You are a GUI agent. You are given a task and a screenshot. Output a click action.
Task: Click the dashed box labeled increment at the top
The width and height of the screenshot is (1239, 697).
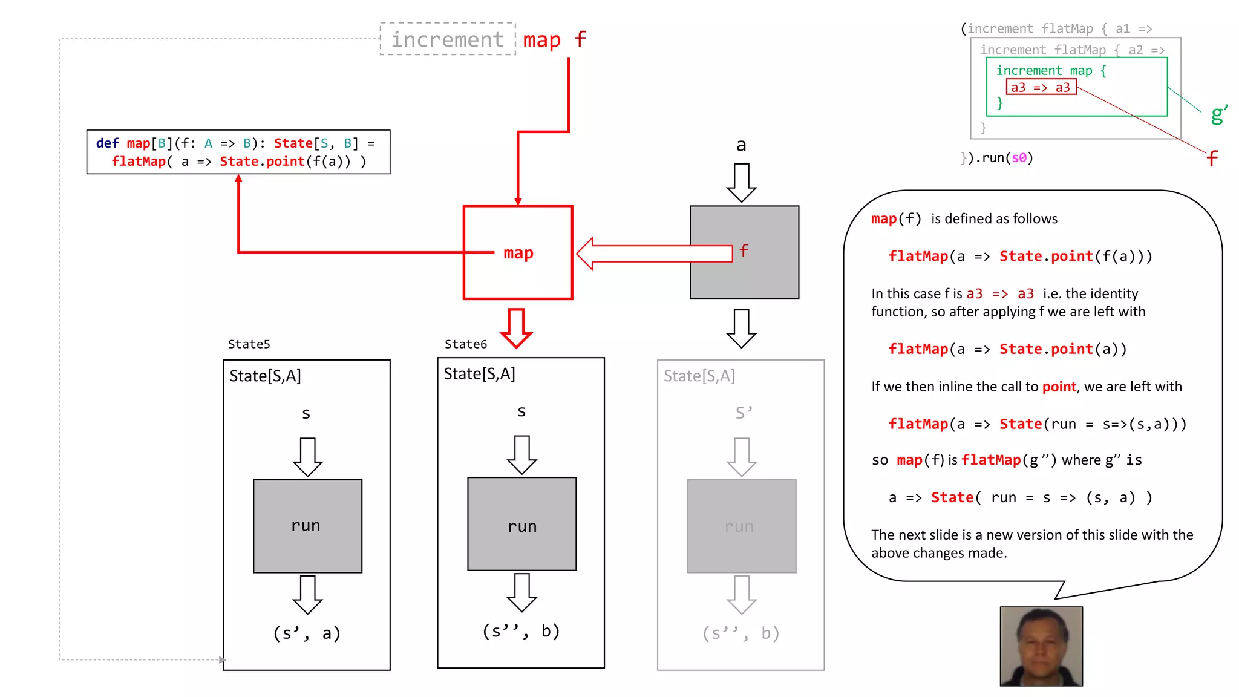448,39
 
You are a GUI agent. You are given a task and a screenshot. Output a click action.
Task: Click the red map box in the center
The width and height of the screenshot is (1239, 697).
518,252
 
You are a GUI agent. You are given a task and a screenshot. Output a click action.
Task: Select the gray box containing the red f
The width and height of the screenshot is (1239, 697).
744,252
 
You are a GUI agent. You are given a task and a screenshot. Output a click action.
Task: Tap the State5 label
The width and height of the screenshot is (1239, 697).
249,344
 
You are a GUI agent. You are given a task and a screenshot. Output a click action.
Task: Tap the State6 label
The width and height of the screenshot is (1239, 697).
465,344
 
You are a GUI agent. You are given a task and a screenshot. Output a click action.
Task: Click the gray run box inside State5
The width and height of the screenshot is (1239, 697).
307,526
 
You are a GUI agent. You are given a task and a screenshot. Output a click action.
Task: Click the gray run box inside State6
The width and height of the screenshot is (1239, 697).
521,524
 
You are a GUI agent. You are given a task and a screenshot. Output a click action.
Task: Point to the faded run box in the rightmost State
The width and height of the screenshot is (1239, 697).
741,526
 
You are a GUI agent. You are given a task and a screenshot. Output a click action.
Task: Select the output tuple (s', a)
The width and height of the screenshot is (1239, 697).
307,633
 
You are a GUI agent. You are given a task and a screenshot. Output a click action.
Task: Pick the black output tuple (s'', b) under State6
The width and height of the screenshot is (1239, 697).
521,631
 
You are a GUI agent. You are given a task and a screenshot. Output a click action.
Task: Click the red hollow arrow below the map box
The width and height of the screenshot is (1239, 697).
516,327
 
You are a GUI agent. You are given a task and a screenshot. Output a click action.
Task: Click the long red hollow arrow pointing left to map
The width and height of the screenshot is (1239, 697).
653,254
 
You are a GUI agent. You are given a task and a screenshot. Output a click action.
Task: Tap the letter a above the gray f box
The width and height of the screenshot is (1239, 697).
741,145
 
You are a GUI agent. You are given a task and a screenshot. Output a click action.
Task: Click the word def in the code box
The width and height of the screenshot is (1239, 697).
107,143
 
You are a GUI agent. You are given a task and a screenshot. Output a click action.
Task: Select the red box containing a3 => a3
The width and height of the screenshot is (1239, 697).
1041,88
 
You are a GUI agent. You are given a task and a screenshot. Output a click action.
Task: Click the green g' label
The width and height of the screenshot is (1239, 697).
1218,114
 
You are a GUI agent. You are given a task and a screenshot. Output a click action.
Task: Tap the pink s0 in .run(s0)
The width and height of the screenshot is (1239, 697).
1019,158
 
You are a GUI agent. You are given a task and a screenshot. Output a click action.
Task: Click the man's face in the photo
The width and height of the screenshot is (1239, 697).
1041,645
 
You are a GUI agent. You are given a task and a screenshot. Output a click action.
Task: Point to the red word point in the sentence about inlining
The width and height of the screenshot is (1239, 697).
1059,387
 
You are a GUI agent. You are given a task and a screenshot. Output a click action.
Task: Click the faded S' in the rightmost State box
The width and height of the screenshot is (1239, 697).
744,413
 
